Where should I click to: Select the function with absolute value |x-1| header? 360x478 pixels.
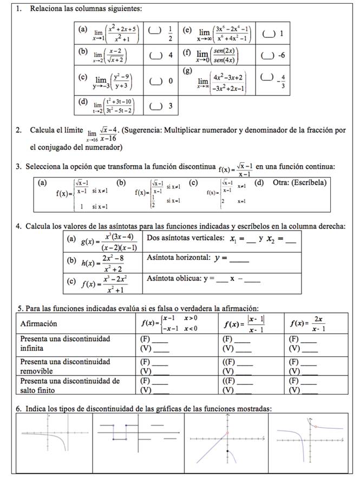tap(245, 324)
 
